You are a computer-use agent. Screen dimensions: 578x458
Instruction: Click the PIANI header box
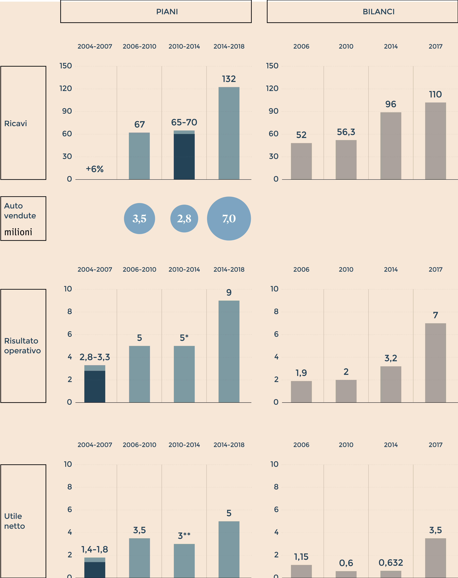tap(156, 11)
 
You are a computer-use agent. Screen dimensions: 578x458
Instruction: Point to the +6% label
tap(95, 169)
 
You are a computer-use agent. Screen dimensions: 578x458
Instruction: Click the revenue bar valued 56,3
tap(346, 160)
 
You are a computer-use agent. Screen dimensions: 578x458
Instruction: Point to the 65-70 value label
tap(184, 122)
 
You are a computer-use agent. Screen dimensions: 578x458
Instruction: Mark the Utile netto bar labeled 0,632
tap(391, 574)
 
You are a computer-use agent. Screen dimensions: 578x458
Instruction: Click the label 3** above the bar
tap(184, 536)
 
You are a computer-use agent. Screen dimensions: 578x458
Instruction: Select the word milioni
tap(18, 232)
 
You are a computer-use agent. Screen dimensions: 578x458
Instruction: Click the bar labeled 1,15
tap(301, 571)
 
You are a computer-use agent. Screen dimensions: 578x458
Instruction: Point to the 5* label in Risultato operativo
tap(184, 338)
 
